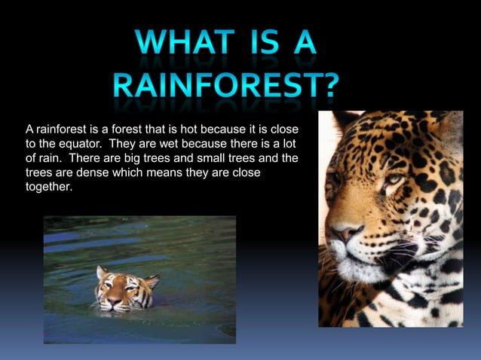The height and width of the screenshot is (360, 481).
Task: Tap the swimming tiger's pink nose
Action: coord(114,300)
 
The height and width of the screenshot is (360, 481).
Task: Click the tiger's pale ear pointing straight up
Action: coord(101,272)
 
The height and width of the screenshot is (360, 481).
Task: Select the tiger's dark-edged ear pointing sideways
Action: coord(152,280)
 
